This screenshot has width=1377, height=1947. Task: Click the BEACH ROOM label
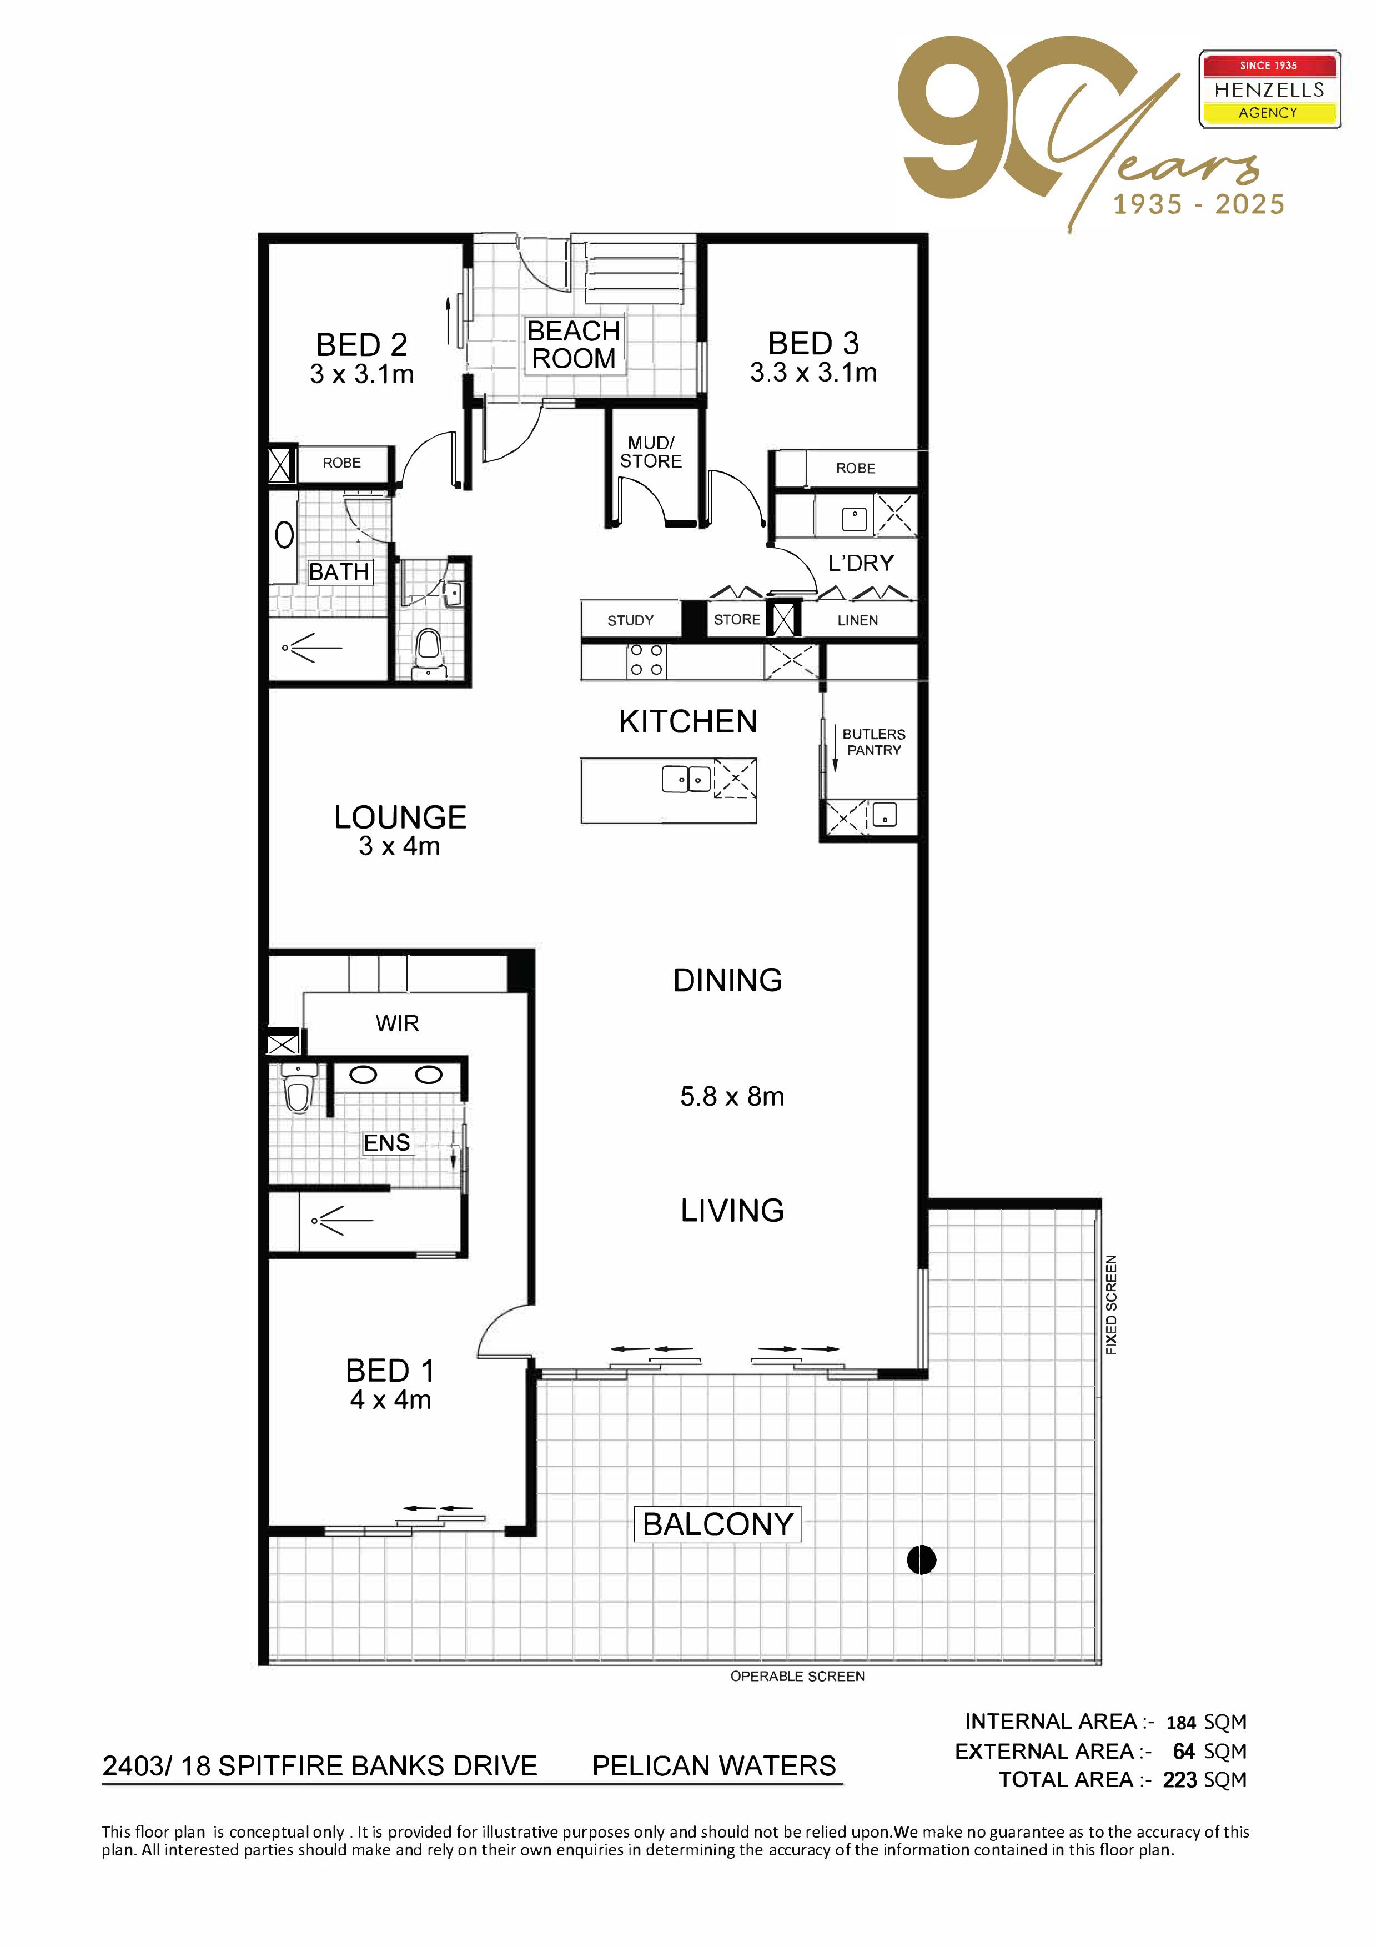[x=574, y=345]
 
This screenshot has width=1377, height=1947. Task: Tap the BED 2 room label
[x=362, y=345]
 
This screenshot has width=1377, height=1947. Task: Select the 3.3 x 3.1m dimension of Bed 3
[x=813, y=372]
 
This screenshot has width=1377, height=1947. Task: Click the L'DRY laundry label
[x=861, y=563]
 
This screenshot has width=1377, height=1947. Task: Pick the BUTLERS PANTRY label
[x=873, y=742]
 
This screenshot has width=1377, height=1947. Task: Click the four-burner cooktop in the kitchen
[x=646, y=661]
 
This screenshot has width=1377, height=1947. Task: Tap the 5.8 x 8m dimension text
[x=732, y=1096]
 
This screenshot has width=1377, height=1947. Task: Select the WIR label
[x=397, y=1023]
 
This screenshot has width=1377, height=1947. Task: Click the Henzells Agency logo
[x=1269, y=89]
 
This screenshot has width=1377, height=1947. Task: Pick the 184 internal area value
[x=1180, y=1723]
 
